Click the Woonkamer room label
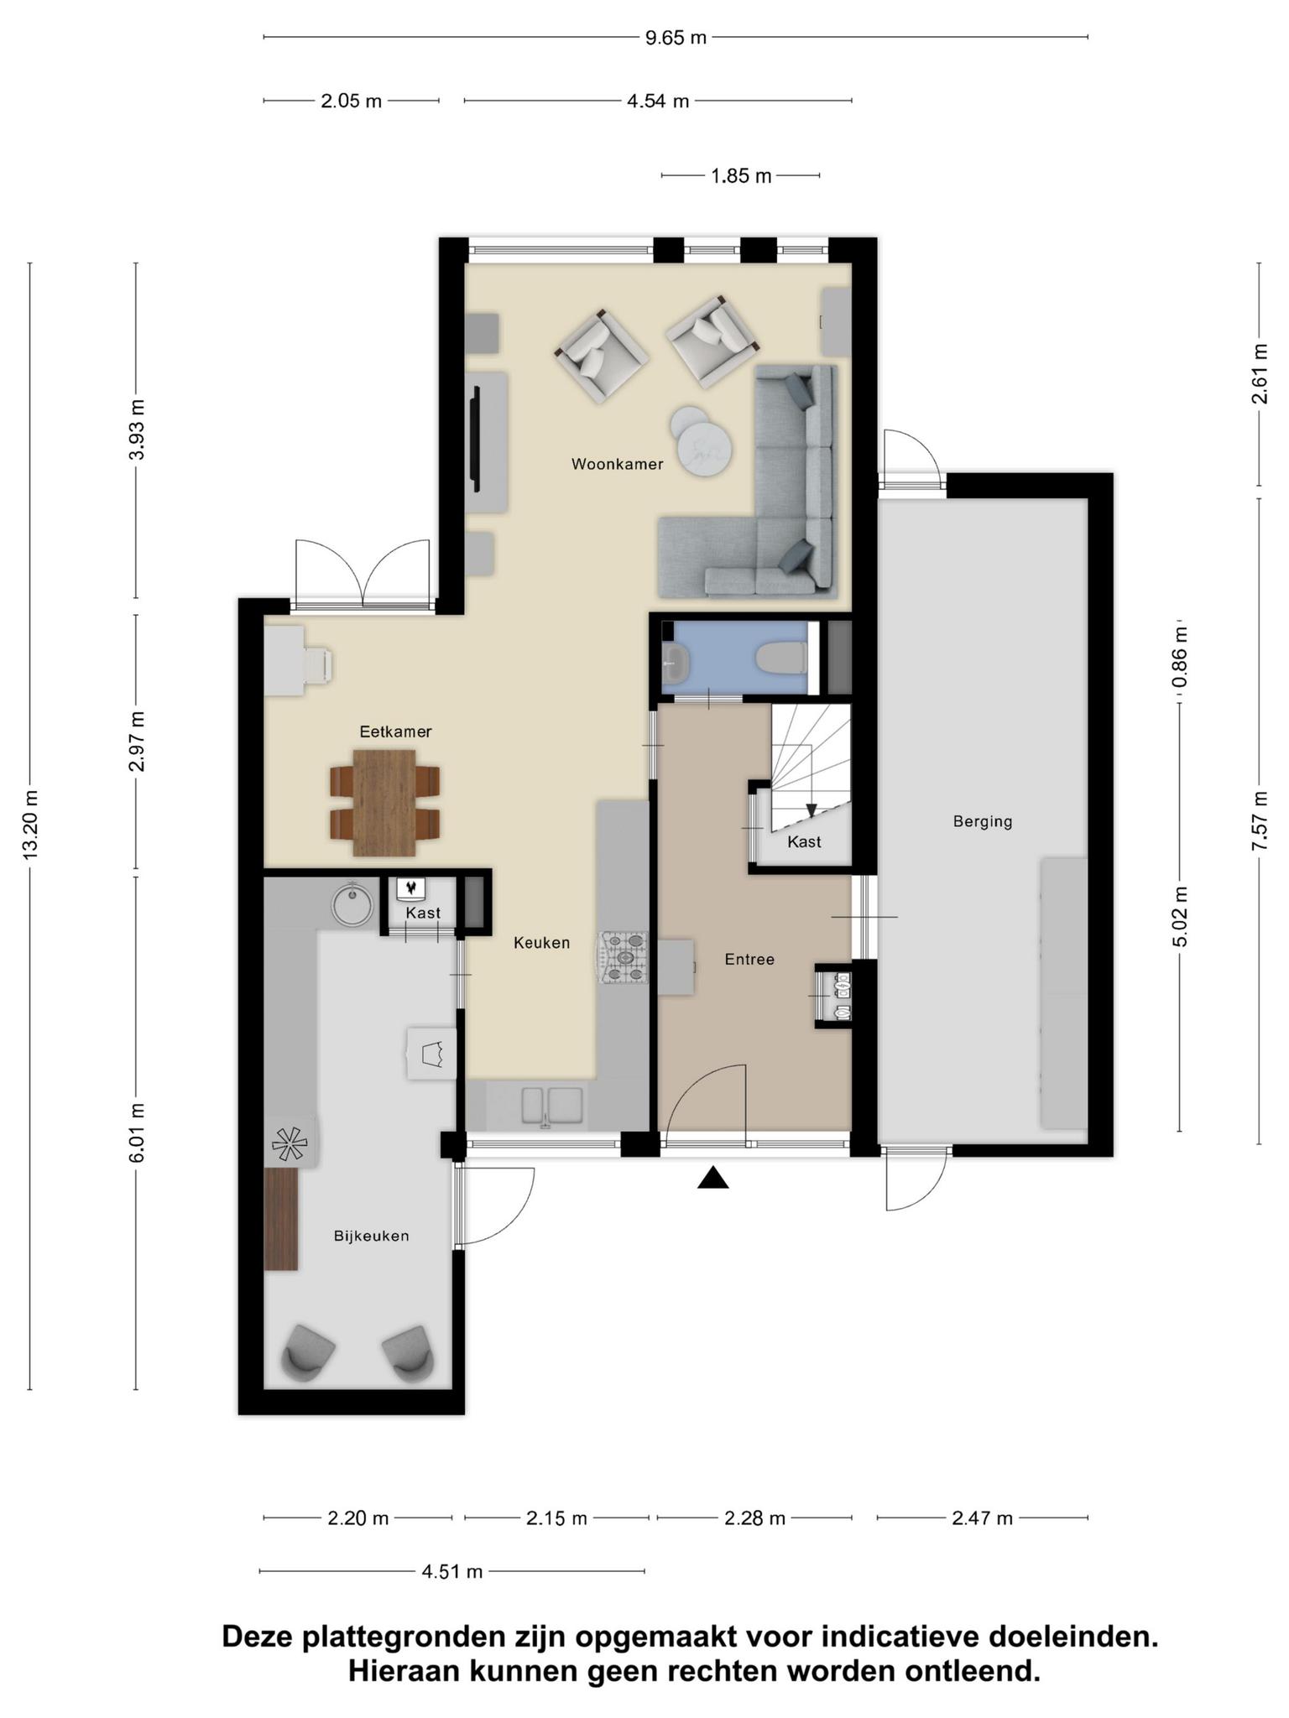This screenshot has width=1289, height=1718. (617, 464)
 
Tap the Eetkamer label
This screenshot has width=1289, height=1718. (395, 731)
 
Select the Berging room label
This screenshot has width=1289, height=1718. (983, 822)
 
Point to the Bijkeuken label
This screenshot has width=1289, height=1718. (371, 1236)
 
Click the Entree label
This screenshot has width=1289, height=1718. (749, 959)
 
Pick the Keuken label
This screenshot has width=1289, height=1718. (541, 943)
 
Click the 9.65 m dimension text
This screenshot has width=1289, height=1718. (676, 38)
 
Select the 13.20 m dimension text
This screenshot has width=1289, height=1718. (30, 825)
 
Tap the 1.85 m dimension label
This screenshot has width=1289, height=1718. (741, 176)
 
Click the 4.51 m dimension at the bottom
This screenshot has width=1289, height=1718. (452, 1571)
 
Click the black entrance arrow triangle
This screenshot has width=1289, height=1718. (712, 1178)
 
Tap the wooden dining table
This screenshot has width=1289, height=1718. (384, 803)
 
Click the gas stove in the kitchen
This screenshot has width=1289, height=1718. (622, 957)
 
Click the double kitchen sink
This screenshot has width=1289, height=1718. (552, 1106)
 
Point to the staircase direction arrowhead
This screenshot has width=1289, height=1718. (811, 811)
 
